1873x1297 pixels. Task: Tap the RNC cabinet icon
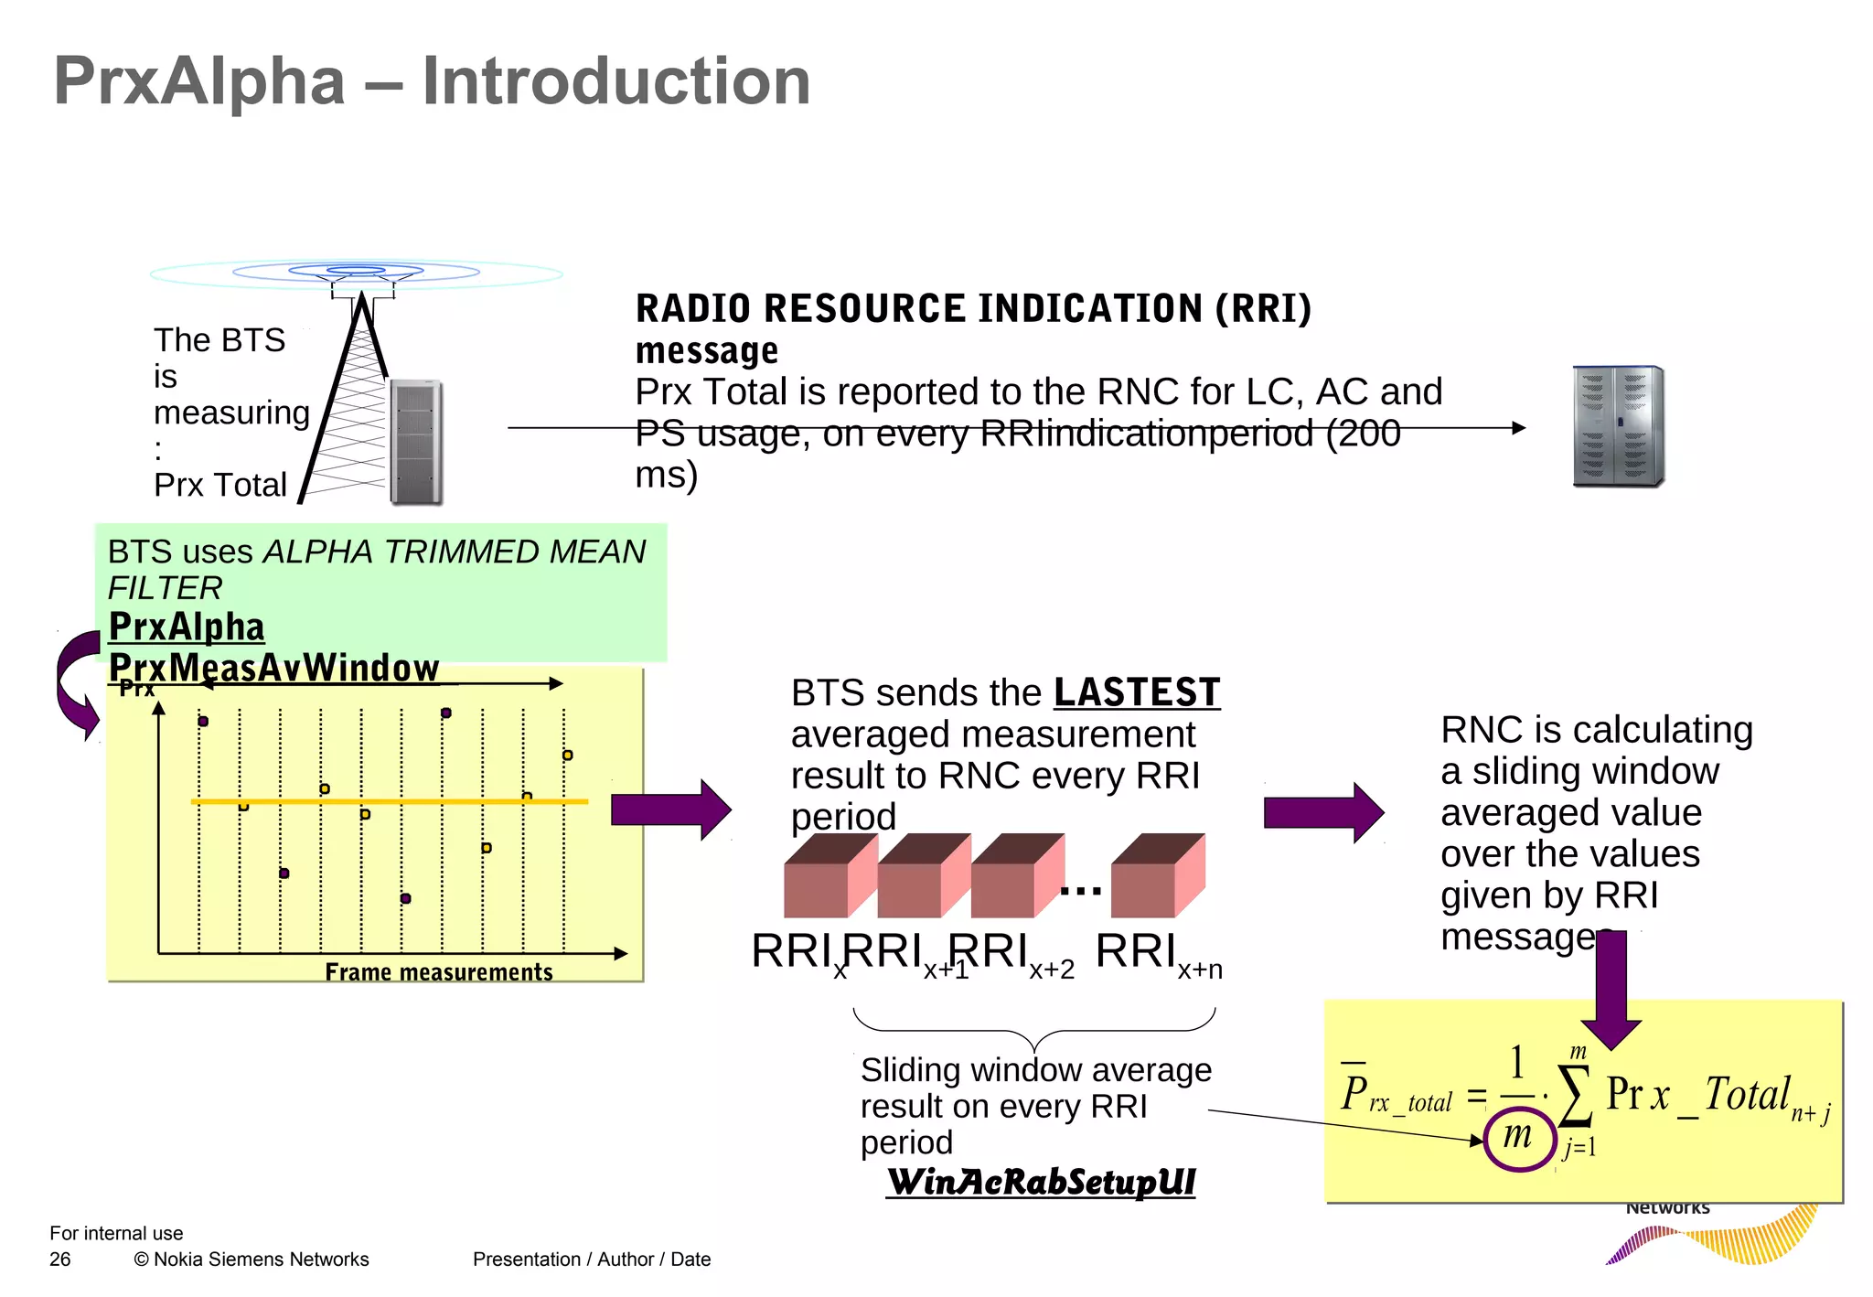point(1618,426)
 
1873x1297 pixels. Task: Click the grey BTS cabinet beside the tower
point(416,442)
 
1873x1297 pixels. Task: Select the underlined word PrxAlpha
point(187,627)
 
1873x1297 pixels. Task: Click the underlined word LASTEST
point(1137,692)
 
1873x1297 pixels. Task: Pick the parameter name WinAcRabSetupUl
point(1041,1182)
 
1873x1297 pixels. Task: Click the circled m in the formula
point(1518,1136)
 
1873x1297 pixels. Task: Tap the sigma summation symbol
point(1576,1097)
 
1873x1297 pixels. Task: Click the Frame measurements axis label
point(439,971)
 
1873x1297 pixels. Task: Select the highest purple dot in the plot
point(446,713)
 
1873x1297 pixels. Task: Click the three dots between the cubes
point(1081,890)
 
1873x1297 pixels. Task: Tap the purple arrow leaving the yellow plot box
point(670,809)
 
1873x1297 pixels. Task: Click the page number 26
point(60,1259)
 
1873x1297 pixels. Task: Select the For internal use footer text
point(116,1233)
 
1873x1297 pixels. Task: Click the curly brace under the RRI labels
point(1033,1028)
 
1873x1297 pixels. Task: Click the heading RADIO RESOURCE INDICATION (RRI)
point(973,309)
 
